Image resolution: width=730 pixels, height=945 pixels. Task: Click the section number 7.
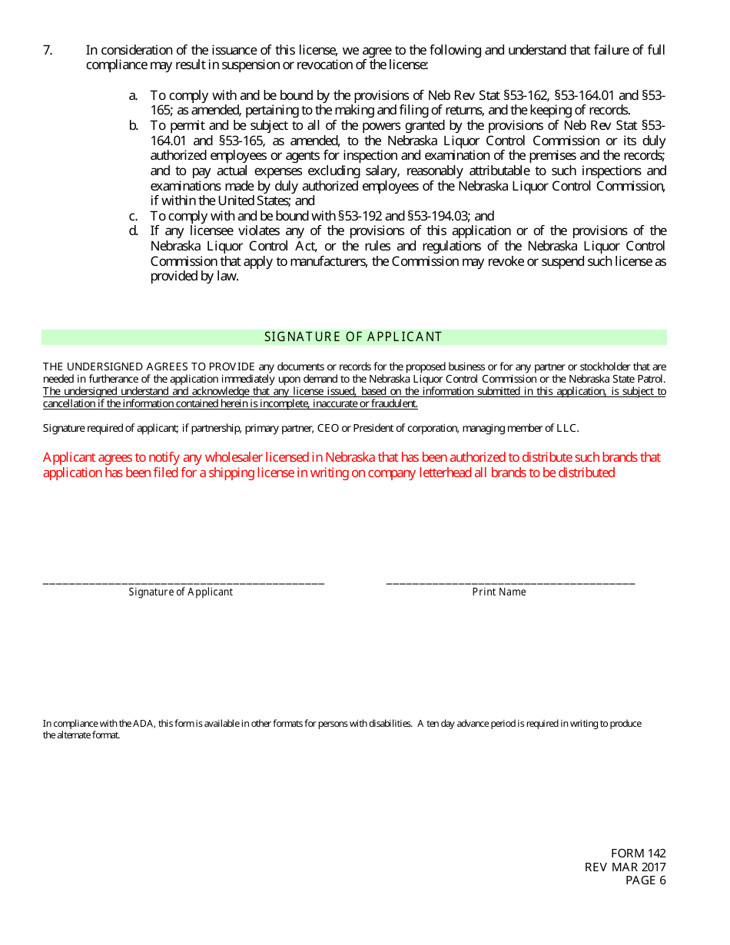point(47,51)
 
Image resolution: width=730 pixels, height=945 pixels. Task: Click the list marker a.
point(133,96)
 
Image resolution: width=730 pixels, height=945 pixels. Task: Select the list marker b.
point(133,126)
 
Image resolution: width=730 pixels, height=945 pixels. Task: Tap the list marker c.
point(133,217)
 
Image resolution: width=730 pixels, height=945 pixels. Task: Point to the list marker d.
point(133,231)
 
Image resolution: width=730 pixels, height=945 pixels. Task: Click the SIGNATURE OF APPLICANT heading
point(353,337)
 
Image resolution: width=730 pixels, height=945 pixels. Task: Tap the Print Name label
point(499,592)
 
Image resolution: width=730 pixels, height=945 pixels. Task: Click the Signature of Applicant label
point(181,592)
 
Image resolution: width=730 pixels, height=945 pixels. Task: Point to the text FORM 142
point(638,854)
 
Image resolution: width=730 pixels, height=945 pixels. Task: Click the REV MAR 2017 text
point(625,867)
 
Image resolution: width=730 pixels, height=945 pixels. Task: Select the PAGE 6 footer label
point(645,880)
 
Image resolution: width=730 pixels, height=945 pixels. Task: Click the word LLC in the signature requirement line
point(567,429)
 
